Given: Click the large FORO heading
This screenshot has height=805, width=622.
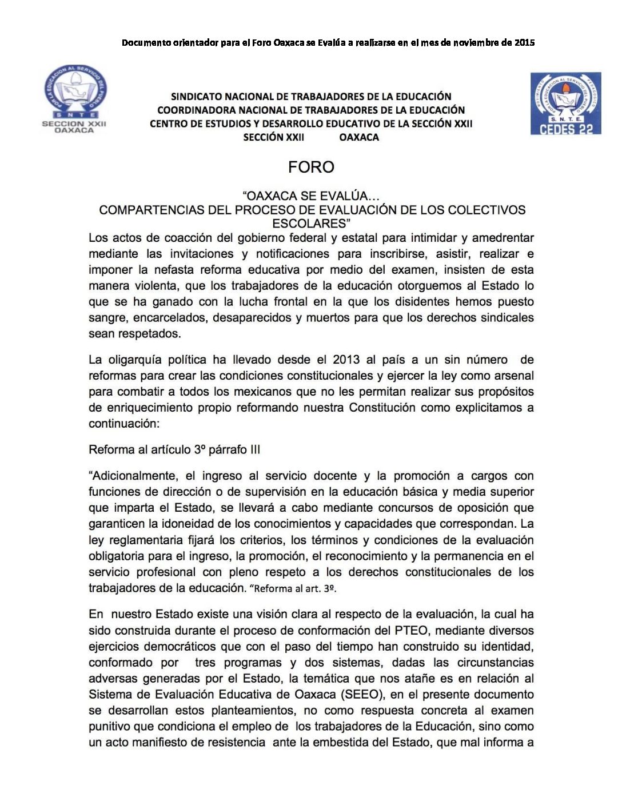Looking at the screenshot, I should pos(311,167).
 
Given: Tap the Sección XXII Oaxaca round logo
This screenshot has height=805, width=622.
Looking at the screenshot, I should pos(75,98).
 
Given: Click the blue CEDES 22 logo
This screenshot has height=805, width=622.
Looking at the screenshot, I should pos(565,103).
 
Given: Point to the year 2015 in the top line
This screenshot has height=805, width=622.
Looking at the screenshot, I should pos(524,42).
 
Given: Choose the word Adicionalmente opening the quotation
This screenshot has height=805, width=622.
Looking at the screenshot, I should pos(135,476).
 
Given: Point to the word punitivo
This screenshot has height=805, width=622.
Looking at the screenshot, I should pos(110,726).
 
